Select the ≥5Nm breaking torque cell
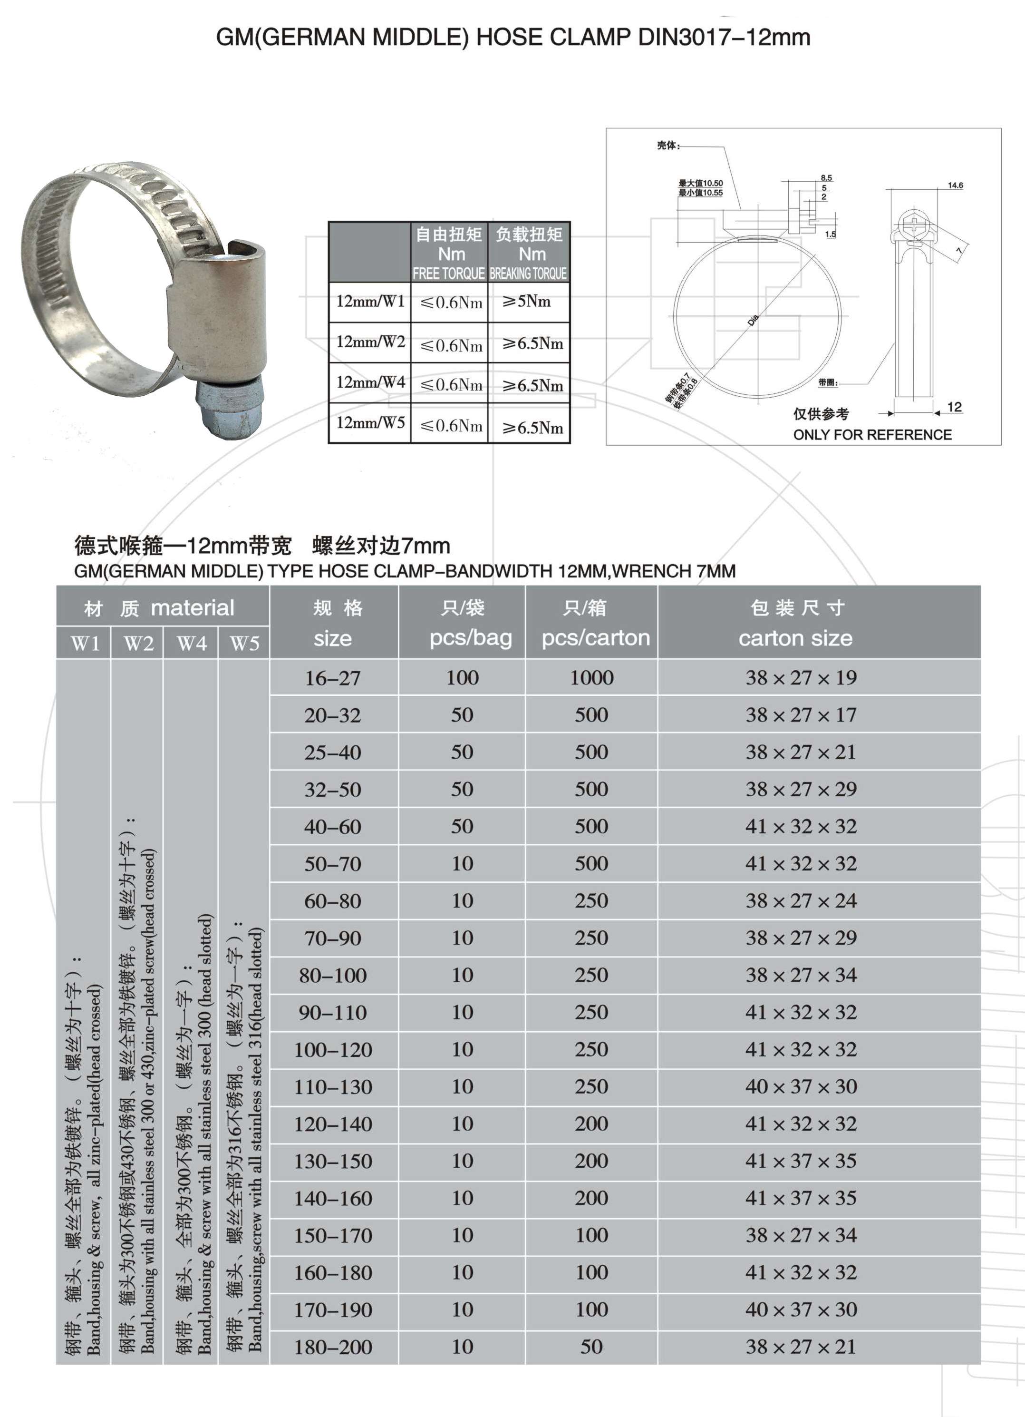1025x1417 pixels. pos(527,302)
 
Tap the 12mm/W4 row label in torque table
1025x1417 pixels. pos(370,382)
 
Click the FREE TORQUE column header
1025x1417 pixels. pos(448,273)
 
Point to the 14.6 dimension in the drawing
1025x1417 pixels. pos(955,186)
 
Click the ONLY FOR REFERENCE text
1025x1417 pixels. pos(872,435)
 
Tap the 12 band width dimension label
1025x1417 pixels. pos(954,407)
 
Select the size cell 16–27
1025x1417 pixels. pos(333,678)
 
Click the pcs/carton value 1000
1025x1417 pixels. pos(591,678)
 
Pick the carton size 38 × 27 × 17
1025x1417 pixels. pos(801,715)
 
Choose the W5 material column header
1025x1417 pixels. pos(244,644)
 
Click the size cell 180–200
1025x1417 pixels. pos(333,1347)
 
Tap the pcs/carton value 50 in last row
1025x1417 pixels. pos(591,1347)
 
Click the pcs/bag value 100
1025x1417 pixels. pos(462,678)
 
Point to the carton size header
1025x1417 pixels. pos(795,638)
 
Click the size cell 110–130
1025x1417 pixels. pos(333,1087)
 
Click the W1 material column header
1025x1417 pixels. pos(86,644)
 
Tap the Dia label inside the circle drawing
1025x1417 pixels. pos(753,321)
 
